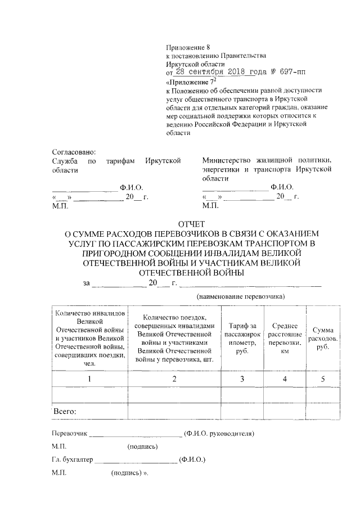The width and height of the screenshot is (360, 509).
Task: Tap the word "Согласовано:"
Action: (x=74, y=152)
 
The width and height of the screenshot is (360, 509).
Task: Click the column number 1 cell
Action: (x=89, y=379)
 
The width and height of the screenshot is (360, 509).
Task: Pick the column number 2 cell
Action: (x=175, y=379)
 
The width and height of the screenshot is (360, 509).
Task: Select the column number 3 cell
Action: (x=242, y=379)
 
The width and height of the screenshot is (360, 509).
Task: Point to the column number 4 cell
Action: (x=285, y=379)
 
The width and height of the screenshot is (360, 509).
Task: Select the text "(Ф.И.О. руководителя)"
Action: (x=219, y=434)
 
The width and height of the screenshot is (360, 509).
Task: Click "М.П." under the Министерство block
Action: (x=210, y=206)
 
